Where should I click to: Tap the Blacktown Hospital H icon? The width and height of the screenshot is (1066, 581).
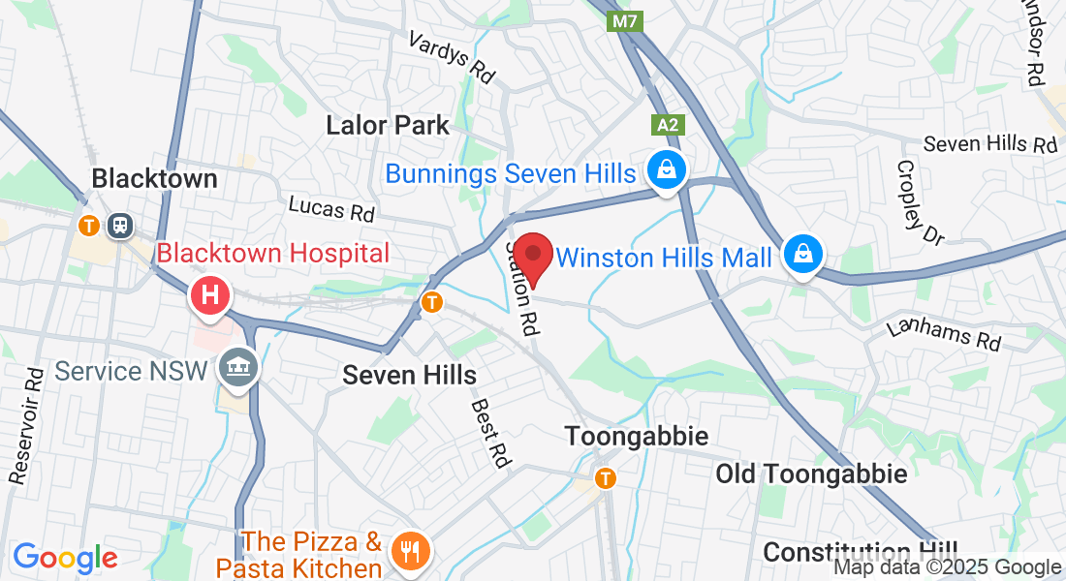click(x=211, y=294)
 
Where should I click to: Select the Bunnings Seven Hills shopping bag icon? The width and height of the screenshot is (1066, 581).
click(x=667, y=171)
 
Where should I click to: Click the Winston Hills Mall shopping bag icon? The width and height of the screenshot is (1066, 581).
click(x=802, y=255)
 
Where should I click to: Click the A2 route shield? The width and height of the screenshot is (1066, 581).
click(x=667, y=125)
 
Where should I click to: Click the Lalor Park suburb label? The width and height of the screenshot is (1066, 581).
click(x=388, y=125)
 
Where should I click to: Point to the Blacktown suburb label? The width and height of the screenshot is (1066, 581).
click(x=154, y=178)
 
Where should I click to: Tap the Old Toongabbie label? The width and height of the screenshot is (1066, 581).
click(x=811, y=474)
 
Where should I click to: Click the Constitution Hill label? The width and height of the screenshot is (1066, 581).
click(x=860, y=552)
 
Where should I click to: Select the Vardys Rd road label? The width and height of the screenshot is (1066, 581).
click(x=451, y=55)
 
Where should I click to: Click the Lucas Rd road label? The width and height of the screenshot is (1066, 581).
click(x=331, y=206)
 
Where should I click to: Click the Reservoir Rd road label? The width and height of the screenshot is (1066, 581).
click(x=26, y=426)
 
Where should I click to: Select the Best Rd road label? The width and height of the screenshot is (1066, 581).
click(x=490, y=433)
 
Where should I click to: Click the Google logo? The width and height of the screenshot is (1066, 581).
click(x=65, y=558)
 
